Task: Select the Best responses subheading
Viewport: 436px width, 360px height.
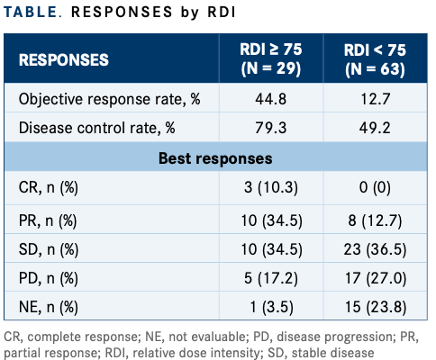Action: click(x=215, y=158)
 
